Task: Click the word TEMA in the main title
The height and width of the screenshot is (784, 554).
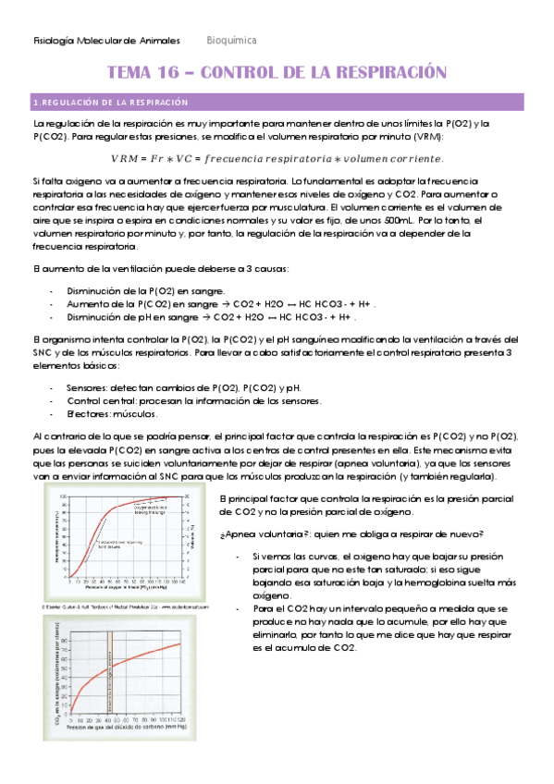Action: click(x=132, y=72)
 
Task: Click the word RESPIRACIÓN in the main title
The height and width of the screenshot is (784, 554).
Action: click(x=388, y=72)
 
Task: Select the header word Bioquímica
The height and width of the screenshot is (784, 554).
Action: click(x=231, y=41)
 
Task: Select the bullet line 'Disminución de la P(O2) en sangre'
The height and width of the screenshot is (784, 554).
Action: click(x=139, y=290)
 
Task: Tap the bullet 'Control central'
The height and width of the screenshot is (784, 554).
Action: click(x=102, y=400)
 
